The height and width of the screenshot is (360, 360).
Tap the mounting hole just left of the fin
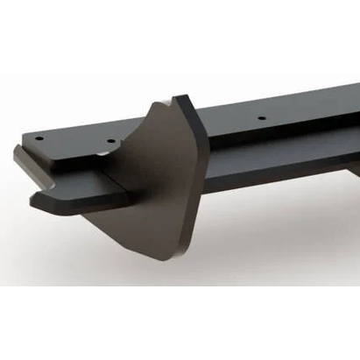(109, 141)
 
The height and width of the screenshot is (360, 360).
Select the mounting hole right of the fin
(261, 116)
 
